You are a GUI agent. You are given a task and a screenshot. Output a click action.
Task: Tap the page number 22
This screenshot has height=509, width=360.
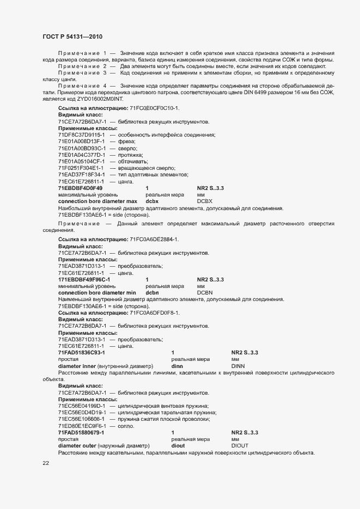pyautogui.click(x=46, y=463)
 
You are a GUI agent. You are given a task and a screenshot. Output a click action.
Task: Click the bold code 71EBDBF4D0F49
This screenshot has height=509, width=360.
pyautogui.click(x=80, y=188)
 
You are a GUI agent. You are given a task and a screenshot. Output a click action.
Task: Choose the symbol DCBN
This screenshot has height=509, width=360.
pyautogui.click(x=205, y=292)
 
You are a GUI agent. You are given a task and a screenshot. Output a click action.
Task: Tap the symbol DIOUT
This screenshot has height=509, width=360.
pyautogui.click(x=240, y=445)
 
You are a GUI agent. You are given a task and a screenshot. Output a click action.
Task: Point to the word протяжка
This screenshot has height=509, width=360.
pyautogui.click(x=131, y=155)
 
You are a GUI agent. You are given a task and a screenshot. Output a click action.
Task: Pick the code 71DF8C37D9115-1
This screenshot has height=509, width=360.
pyautogui.click(x=82, y=134)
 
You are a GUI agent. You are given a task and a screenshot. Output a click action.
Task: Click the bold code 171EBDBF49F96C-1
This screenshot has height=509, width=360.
pyautogui.click(x=83, y=279)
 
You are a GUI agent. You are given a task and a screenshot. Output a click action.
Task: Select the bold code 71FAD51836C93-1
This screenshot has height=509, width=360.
pyautogui.click(x=81, y=353)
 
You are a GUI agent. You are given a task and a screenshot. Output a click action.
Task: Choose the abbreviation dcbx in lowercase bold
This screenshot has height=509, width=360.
pyautogui.click(x=152, y=201)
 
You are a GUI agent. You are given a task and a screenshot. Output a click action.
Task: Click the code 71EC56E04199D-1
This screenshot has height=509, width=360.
pyautogui.click(x=82, y=406)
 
